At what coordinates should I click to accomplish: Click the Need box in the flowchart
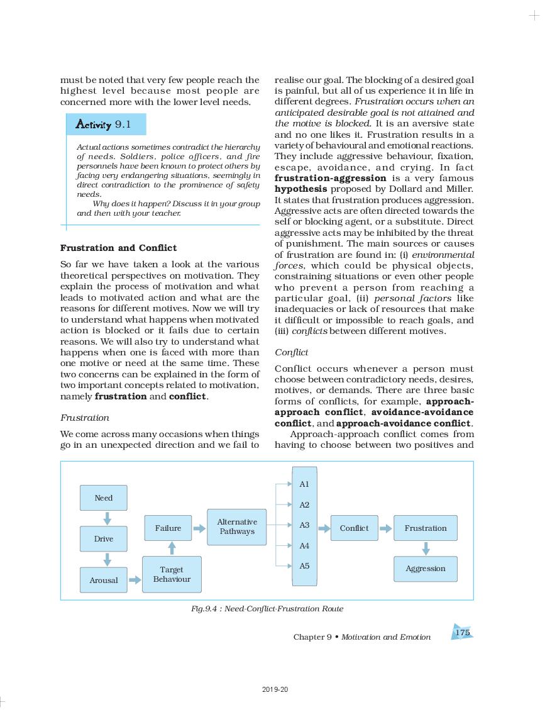(104, 497)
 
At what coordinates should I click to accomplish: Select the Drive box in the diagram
(104, 539)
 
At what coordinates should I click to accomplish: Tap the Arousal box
(104, 580)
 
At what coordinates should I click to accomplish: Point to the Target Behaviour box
(172, 574)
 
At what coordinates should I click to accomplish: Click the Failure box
(168, 528)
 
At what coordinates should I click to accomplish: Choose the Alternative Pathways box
(237, 526)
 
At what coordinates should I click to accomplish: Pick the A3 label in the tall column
(304, 525)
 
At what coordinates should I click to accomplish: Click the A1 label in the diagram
(304, 484)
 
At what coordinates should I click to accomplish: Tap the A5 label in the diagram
(304, 566)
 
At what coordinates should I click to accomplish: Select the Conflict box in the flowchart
(354, 528)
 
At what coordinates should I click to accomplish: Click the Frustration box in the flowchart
(426, 528)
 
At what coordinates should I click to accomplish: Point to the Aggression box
(426, 569)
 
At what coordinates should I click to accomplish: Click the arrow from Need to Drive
(107, 518)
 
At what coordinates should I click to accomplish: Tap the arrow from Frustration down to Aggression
(426, 548)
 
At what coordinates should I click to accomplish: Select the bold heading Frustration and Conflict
(118, 248)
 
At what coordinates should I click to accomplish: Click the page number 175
(462, 633)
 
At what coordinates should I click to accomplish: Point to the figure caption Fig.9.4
(267, 609)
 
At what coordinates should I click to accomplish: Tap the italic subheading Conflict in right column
(292, 352)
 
